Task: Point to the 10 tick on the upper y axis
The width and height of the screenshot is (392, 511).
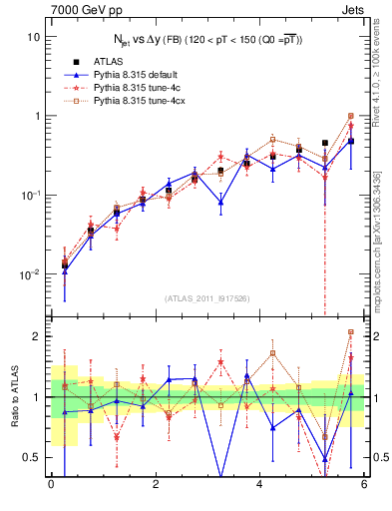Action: click(x=32, y=36)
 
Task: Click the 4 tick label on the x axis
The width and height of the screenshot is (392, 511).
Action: click(x=260, y=486)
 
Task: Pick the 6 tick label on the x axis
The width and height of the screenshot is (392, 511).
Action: click(x=364, y=486)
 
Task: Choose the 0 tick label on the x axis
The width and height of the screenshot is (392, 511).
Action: click(x=51, y=486)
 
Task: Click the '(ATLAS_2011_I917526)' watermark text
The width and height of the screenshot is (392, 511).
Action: click(x=207, y=298)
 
